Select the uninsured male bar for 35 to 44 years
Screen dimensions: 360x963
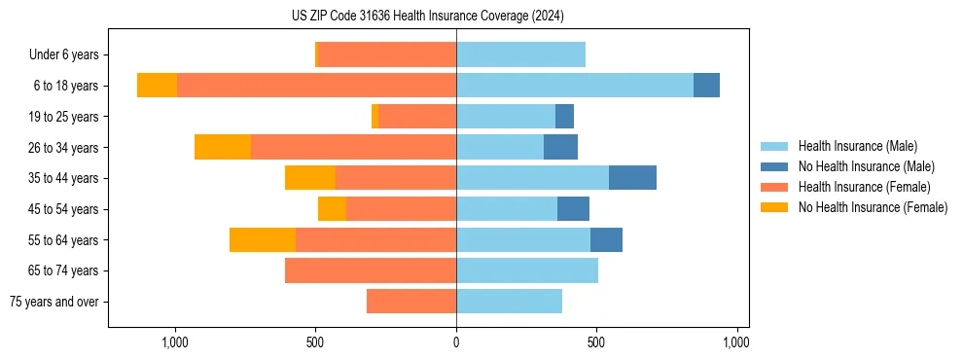(x=632, y=178)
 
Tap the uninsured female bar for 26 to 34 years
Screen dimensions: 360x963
(x=223, y=147)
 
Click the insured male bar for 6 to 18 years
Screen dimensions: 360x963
(x=575, y=86)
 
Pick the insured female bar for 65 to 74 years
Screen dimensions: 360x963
(x=371, y=270)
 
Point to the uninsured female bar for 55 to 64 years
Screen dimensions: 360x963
(x=263, y=239)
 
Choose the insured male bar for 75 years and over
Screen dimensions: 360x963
(x=509, y=302)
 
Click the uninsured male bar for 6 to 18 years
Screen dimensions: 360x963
(x=706, y=86)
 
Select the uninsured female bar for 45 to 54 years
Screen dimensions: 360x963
(x=332, y=209)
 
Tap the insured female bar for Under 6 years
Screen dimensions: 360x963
(x=387, y=54)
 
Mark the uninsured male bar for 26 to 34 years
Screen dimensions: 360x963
(x=560, y=147)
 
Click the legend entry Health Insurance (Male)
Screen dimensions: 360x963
(x=857, y=146)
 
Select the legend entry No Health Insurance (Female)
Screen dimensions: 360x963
(x=873, y=207)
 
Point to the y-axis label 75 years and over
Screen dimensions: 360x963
(x=54, y=302)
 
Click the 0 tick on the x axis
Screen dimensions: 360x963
(x=456, y=342)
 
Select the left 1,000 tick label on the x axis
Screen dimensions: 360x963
(x=175, y=342)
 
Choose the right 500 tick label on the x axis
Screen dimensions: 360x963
(x=596, y=342)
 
